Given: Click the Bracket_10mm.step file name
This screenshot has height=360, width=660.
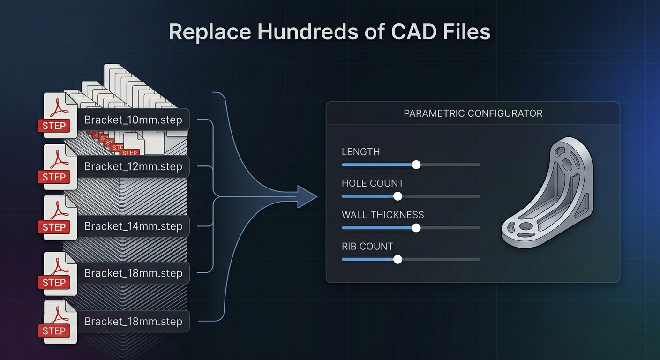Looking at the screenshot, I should pos(133,120).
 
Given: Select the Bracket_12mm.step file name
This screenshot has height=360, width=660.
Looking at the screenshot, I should pos(133,166).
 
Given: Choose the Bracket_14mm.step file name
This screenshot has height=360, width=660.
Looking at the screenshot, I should pos(133,226).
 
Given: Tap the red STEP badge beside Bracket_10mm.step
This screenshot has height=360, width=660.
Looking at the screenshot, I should pos(54,126).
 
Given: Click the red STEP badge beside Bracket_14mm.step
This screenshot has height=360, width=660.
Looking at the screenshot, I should pos(54,227).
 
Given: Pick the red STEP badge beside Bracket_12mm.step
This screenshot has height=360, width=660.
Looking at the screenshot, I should pos(54,177).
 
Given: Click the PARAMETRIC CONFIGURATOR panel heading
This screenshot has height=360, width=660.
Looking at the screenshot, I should pos(473,113).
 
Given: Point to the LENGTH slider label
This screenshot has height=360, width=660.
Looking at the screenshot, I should pos(360,152).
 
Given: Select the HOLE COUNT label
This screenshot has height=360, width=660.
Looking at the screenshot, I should pos(373,183).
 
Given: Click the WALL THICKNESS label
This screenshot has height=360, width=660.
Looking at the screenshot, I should pos(382,215).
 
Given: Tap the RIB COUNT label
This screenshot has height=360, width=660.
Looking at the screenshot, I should pos(367,246).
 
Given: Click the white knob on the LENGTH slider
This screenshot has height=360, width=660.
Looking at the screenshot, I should pos(416,165).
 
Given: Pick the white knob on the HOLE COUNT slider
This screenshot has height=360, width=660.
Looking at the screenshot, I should pos(397,196).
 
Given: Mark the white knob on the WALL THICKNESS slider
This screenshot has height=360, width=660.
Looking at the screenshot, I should pos(416,228).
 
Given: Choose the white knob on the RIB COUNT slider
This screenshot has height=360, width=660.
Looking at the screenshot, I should pos(397,259).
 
